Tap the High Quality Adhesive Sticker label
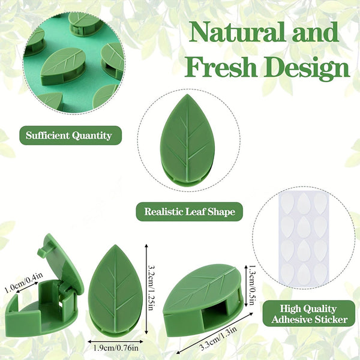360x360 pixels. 310,314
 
